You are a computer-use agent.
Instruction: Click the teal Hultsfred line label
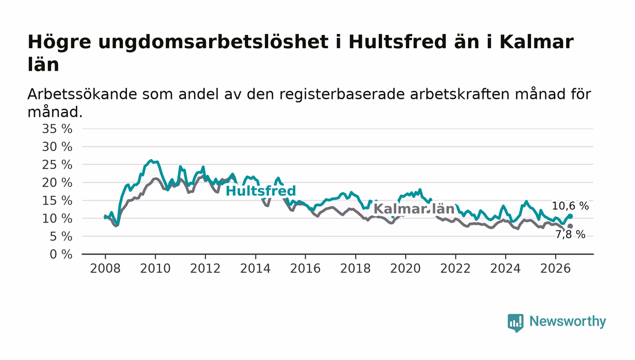click(260, 191)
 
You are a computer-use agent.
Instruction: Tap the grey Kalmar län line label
click(414, 209)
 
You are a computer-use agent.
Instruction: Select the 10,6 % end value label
click(570, 206)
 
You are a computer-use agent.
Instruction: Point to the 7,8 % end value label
click(570, 234)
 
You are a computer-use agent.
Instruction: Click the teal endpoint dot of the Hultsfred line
click(571, 216)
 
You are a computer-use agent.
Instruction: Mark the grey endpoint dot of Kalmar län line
click(570, 226)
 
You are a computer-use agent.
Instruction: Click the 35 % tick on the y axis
click(57, 129)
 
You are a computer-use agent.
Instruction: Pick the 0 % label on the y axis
click(61, 254)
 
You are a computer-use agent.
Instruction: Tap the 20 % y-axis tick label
click(57, 183)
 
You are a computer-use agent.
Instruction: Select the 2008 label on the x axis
click(105, 268)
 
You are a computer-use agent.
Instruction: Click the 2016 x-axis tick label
click(305, 268)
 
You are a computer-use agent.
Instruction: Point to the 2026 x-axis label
click(555, 268)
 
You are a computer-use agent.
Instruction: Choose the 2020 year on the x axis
click(405, 268)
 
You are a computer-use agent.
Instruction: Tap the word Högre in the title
click(59, 43)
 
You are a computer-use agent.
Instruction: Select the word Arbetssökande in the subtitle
click(82, 94)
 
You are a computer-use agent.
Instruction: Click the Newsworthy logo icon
click(515, 323)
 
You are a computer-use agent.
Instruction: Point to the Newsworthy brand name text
click(567, 321)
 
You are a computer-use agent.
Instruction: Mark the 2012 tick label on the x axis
click(205, 268)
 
